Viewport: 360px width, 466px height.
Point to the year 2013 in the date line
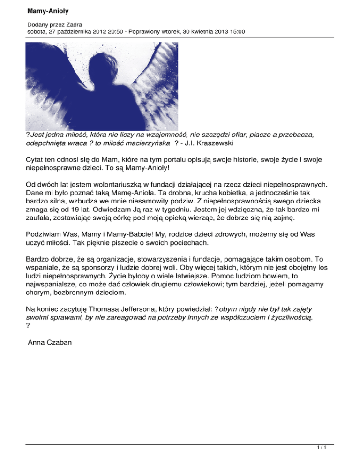tap(216, 32)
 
